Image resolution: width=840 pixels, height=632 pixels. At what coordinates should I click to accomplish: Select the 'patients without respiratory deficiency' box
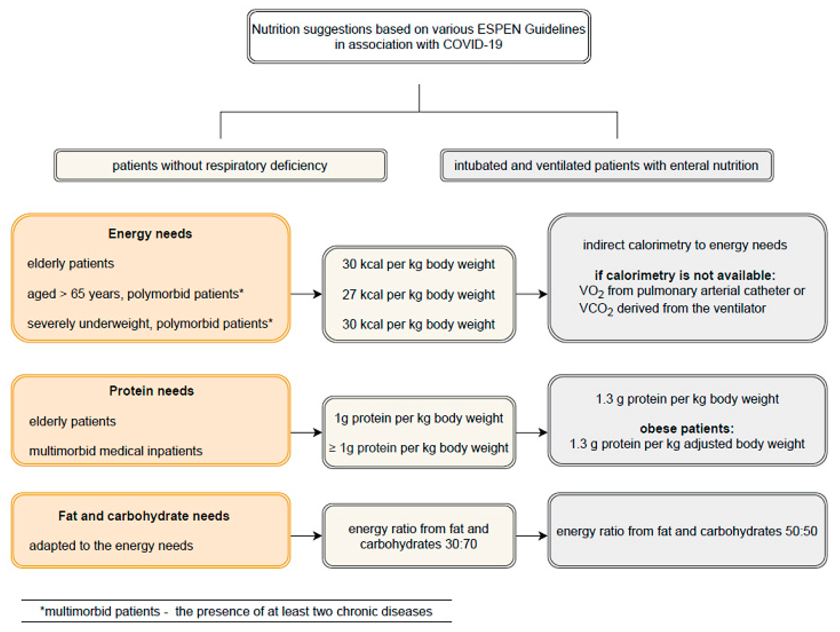(220, 165)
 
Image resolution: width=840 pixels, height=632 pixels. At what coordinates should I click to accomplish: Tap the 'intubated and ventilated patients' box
(606, 165)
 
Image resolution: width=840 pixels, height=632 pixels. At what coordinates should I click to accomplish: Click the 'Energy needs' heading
(150, 233)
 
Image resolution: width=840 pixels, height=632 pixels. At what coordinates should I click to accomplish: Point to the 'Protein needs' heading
(151, 391)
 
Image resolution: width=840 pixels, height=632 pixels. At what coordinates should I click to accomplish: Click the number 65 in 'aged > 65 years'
(77, 294)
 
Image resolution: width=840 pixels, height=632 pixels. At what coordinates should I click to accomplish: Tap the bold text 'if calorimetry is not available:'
(685, 275)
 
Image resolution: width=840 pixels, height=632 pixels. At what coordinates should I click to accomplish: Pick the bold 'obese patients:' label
(687, 429)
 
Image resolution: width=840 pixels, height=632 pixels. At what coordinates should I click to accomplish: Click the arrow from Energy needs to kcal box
(306, 294)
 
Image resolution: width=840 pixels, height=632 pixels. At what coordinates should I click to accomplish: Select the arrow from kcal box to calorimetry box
(531, 294)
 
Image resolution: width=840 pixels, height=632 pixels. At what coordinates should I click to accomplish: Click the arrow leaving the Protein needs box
(306, 432)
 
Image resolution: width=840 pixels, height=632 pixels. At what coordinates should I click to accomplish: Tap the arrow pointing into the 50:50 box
(531, 536)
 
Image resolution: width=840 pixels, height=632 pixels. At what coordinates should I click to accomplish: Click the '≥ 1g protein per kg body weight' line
(418, 448)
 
